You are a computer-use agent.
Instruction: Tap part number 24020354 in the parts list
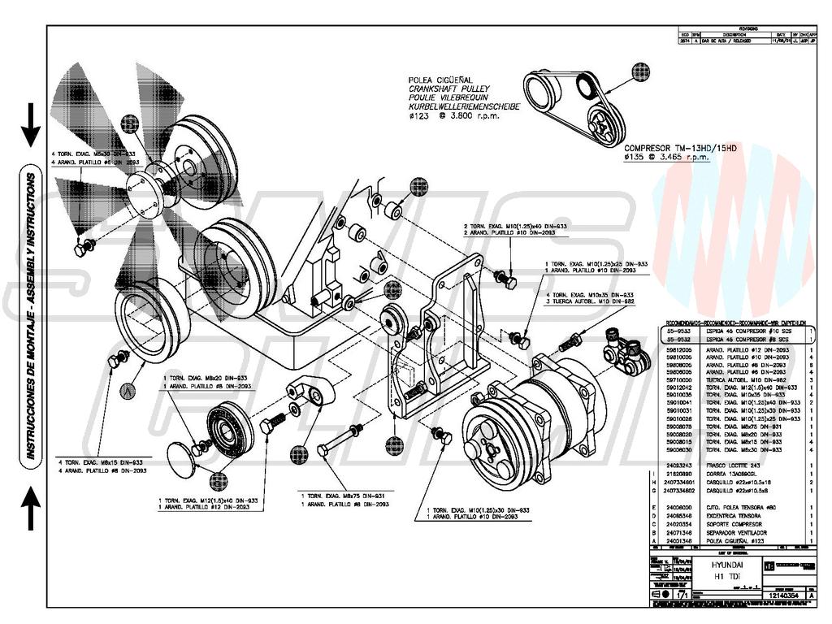pyautogui.click(x=678, y=524)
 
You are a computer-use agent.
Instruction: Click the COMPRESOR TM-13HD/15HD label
pyautogui.click(x=680, y=148)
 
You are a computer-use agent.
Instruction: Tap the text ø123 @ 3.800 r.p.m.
pyautogui.click(x=453, y=116)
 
